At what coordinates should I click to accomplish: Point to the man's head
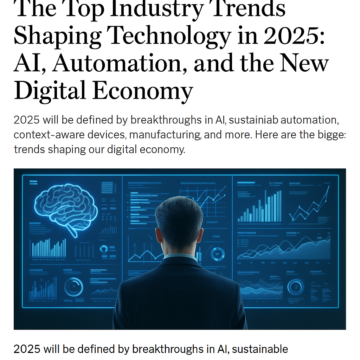pyautogui.click(x=178, y=221)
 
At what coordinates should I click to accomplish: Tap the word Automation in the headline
pyautogui.click(x=121, y=63)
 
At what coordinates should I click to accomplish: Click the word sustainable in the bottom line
pyautogui.click(x=260, y=349)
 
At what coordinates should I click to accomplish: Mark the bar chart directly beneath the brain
pyautogui.click(x=49, y=248)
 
